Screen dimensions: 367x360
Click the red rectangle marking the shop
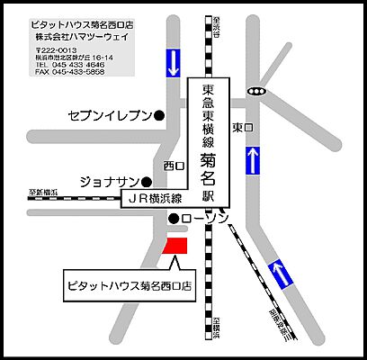(x=175, y=244)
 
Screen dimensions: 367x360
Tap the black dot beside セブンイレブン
(x=159, y=115)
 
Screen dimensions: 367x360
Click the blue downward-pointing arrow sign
(x=171, y=62)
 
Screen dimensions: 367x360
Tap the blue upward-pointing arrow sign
(x=254, y=160)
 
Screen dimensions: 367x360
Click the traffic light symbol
(x=259, y=91)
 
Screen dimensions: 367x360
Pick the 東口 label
(x=239, y=127)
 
